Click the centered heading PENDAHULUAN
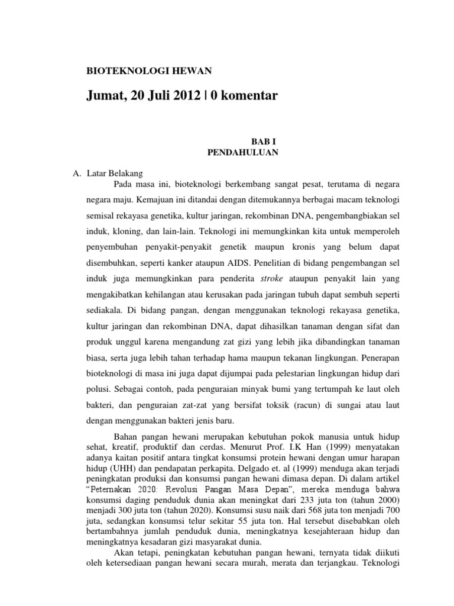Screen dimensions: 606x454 click(x=243, y=152)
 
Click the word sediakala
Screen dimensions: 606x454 click(x=106, y=308)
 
